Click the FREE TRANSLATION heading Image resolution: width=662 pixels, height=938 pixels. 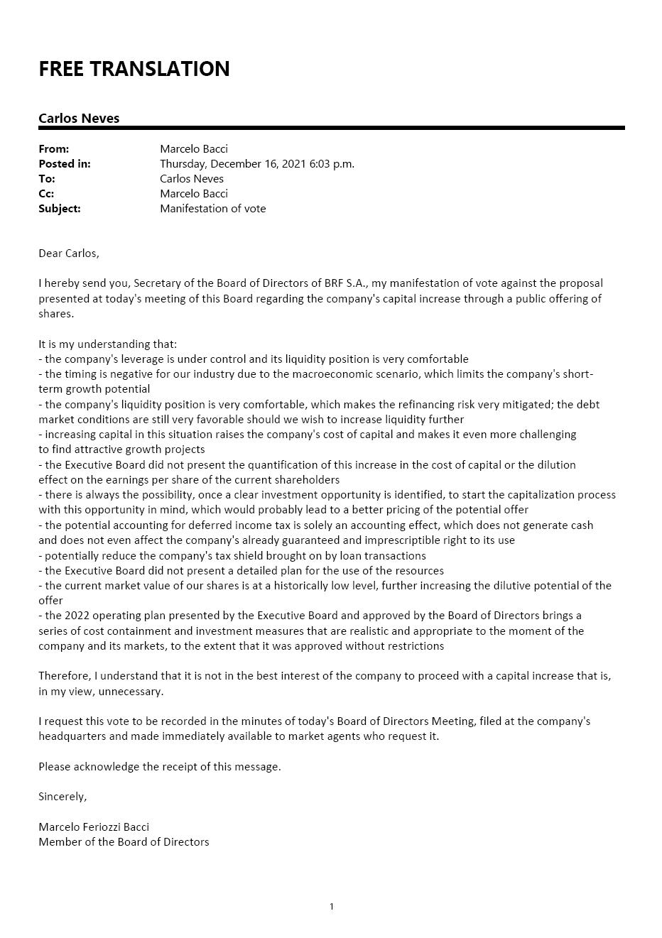(x=134, y=69)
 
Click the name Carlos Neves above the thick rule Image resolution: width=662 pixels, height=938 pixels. (x=79, y=118)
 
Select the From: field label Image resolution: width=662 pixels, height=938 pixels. (x=54, y=148)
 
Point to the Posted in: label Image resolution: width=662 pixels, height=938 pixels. (x=65, y=163)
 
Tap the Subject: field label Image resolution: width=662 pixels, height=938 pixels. (x=60, y=208)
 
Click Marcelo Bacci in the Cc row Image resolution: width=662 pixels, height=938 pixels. (x=194, y=193)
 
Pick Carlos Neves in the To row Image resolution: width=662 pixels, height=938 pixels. (x=192, y=178)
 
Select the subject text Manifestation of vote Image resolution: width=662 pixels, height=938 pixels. (x=213, y=208)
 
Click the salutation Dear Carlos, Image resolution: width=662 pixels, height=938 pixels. (x=69, y=253)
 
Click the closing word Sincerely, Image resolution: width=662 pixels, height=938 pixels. (x=63, y=796)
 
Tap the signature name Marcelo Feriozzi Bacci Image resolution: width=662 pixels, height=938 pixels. (x=94, y=827)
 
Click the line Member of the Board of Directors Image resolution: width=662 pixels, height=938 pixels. (x=124, y=841)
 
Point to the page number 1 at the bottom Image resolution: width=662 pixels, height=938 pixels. (x=332, y=906)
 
